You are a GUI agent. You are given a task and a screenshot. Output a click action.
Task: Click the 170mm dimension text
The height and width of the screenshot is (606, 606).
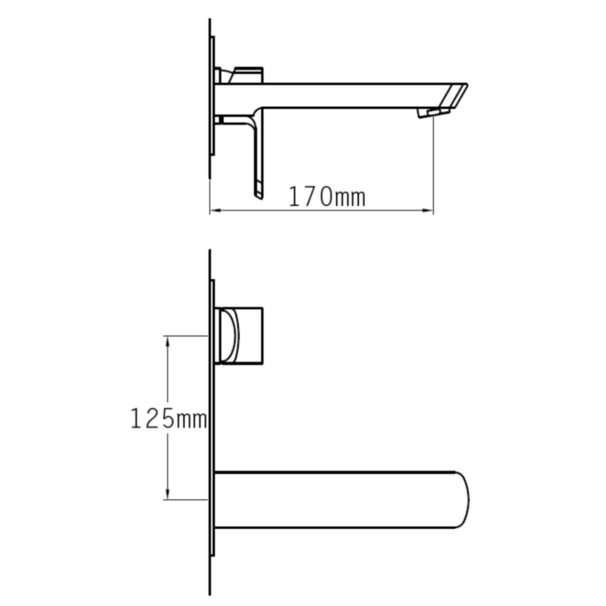326,196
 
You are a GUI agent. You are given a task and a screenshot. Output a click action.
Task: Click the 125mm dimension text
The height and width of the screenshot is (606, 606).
168,419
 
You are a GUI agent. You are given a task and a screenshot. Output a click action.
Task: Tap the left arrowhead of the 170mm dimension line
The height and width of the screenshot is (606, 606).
214,210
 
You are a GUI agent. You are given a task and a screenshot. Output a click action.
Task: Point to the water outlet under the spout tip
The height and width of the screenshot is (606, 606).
433,112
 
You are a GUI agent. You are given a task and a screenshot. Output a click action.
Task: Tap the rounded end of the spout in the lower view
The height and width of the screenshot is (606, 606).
463,500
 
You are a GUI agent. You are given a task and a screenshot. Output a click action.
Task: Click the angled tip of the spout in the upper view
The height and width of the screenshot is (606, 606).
456,94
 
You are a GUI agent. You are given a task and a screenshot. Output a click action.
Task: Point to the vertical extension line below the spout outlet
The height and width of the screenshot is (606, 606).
433,166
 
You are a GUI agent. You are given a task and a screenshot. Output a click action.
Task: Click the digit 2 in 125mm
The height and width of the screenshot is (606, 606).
153,419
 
